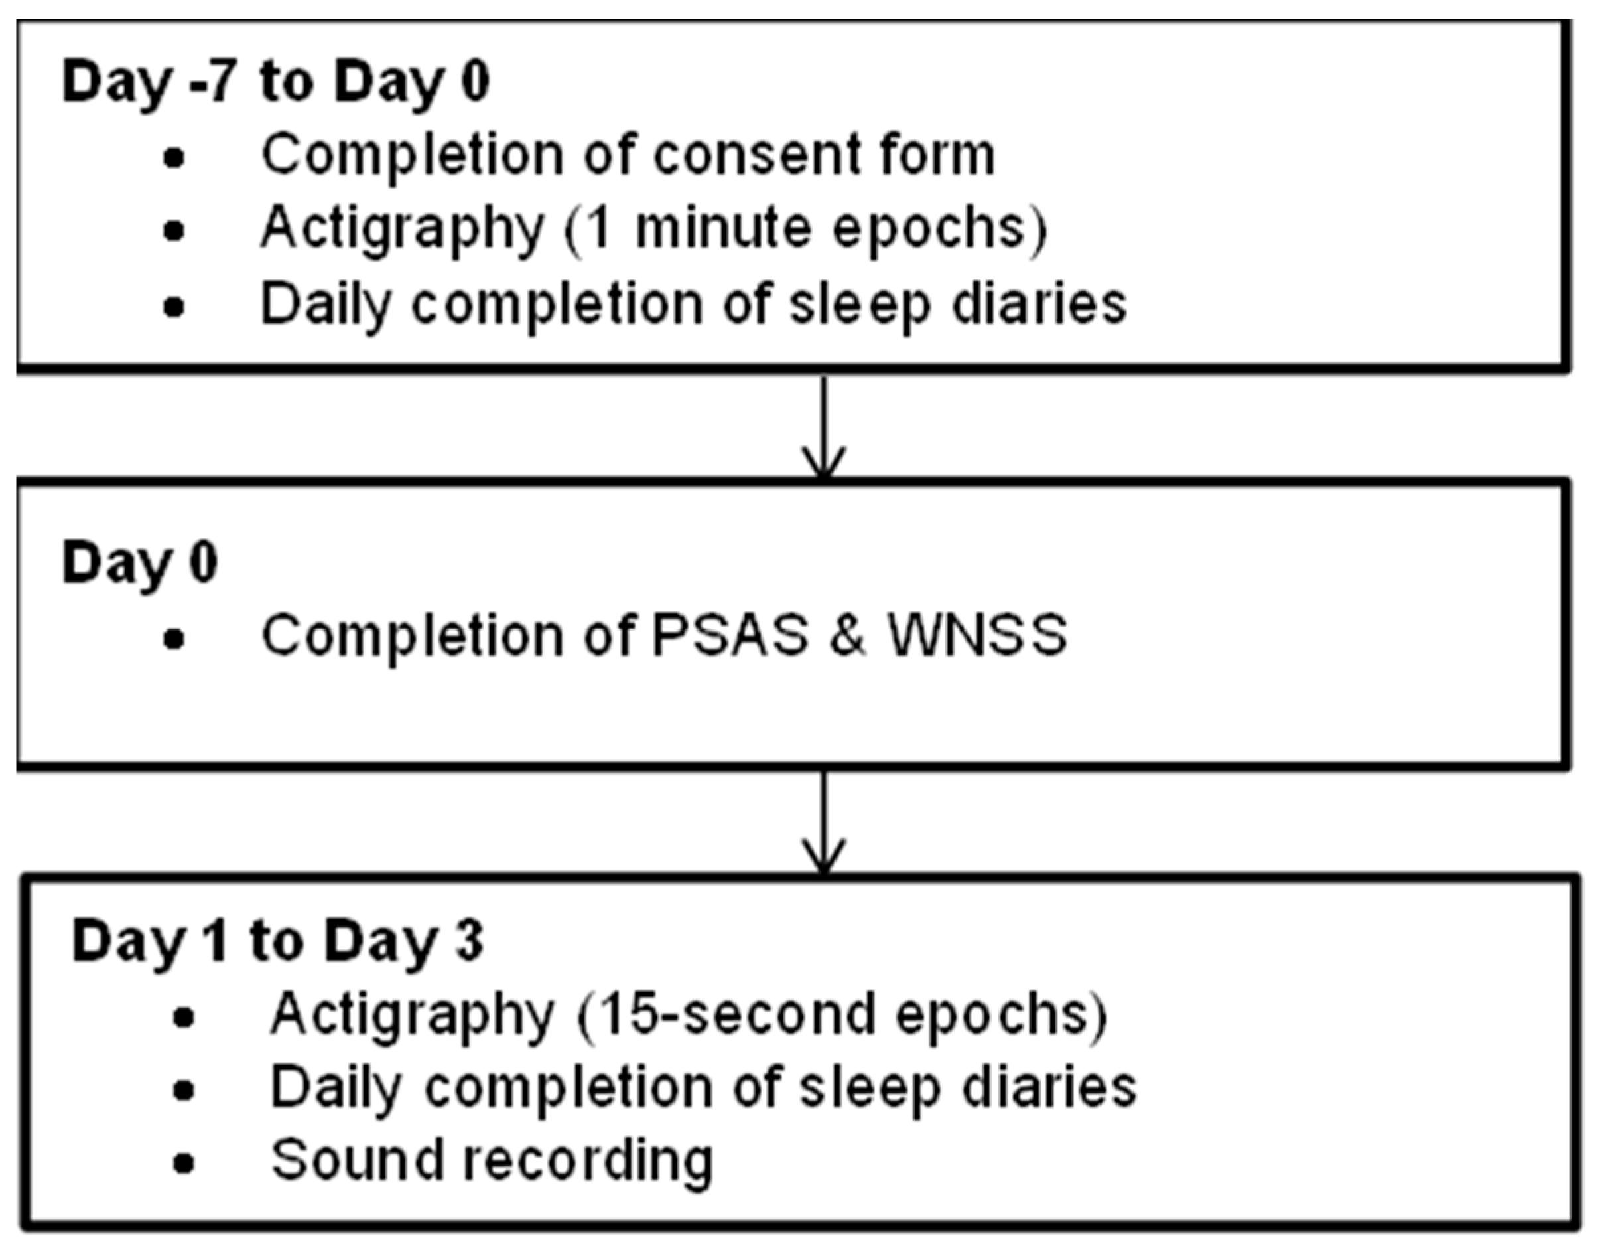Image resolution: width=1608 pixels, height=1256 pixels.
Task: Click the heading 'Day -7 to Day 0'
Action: point(275,82)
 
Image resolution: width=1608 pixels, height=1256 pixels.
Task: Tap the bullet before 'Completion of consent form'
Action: point(174,159)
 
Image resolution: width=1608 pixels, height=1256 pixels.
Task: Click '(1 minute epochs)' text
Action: point(805,230)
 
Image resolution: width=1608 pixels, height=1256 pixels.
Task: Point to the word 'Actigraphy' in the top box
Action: point(402,230)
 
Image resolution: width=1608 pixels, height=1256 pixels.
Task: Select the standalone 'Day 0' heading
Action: point(140,564)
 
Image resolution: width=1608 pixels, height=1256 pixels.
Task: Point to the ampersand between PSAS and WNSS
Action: point(846,636)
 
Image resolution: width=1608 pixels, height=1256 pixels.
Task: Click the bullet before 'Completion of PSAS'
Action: point(174,639)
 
